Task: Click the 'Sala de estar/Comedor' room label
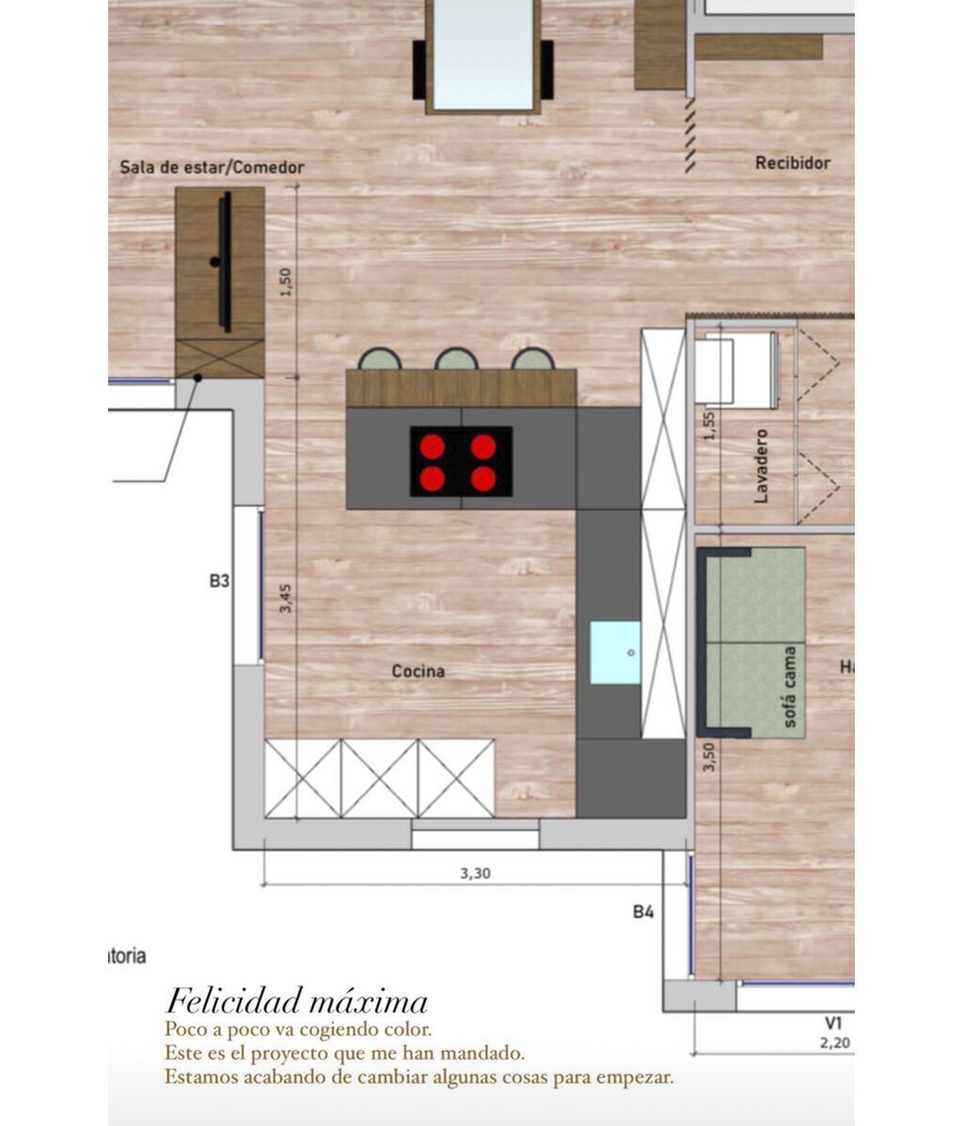point(212,167)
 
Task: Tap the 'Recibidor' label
point(793,163)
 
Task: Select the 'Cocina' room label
point(418,671)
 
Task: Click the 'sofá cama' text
point(789,687)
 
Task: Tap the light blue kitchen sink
point(615,652)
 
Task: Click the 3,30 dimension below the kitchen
point(475,873)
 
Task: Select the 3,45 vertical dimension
point(286,599)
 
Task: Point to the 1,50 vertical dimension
point(286,282)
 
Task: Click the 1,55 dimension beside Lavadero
point(709,426)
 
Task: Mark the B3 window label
point(219,581)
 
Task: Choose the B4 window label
point(643,911)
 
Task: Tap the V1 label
point(833,1023)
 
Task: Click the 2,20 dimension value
point(834,1042)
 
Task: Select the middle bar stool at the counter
point(457,359)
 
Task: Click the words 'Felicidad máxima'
point(296,1000)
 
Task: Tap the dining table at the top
point(482,55)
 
